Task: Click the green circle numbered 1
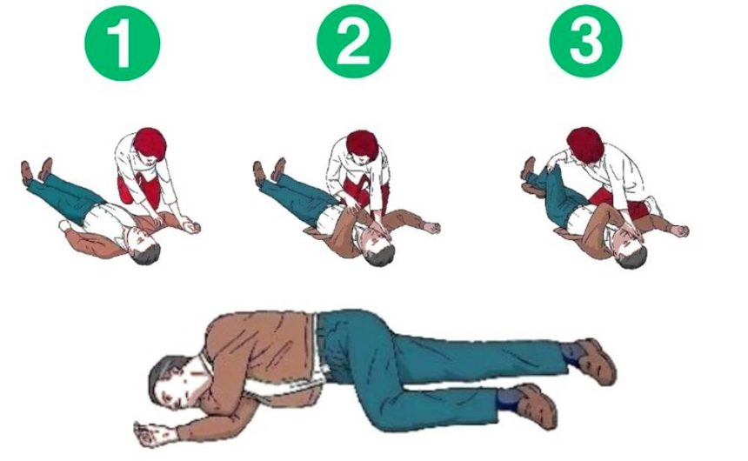[123, 43]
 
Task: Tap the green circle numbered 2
[354, 43]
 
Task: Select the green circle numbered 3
[586, 42]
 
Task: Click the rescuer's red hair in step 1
[150, 143]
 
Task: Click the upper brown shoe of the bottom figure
[595, 360]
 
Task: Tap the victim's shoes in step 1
[37, 170]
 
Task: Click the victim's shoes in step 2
[269, 170]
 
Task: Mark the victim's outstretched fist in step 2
[432, 228]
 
